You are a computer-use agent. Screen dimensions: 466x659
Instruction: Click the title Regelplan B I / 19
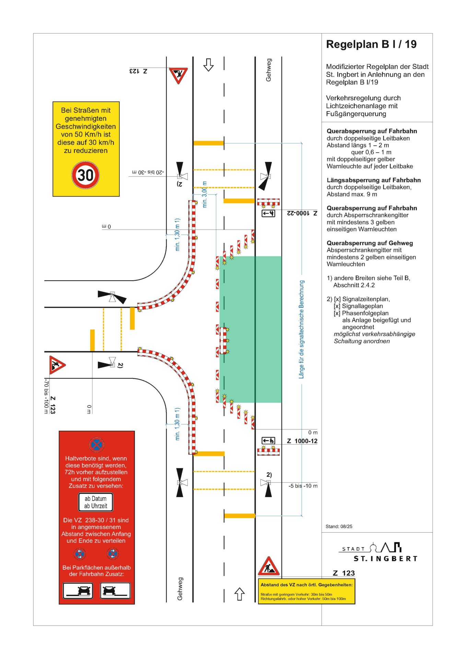point(371,44)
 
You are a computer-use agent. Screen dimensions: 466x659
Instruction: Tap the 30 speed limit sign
point(85,175)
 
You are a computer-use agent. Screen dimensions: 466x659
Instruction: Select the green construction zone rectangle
point(251,329)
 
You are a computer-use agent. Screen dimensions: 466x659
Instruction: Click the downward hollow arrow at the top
point(208,65)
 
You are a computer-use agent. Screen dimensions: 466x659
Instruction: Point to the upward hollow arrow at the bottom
point(239,594)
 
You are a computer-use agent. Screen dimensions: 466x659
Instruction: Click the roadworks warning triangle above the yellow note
point(269,566)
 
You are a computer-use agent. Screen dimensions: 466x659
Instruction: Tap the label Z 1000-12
point(302,441)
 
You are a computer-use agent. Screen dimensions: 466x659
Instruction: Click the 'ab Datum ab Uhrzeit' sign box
point(96,502)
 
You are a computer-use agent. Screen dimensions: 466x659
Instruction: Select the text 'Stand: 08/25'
point(339,526)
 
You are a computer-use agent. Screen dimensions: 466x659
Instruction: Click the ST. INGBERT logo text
point(385,558)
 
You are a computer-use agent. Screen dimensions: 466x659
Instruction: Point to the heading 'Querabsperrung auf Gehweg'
point(370,243)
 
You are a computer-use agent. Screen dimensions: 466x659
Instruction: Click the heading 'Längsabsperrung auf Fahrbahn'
point(373,180)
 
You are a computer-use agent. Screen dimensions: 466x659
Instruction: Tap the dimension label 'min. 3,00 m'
point(205,194)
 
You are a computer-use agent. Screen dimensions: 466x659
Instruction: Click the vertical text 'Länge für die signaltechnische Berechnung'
point(301,329)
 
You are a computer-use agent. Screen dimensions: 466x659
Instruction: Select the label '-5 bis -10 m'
point(303,486)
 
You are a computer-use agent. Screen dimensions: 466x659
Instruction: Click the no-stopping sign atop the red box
point(96,445)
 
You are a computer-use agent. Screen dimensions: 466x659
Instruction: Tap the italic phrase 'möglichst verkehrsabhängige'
point(374,334)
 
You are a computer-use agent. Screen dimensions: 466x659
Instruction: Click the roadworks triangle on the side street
point(57,365)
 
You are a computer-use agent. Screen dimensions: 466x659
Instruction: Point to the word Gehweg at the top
point(268,70)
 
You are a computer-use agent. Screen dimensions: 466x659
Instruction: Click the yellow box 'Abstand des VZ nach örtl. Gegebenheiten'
point(306,591)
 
